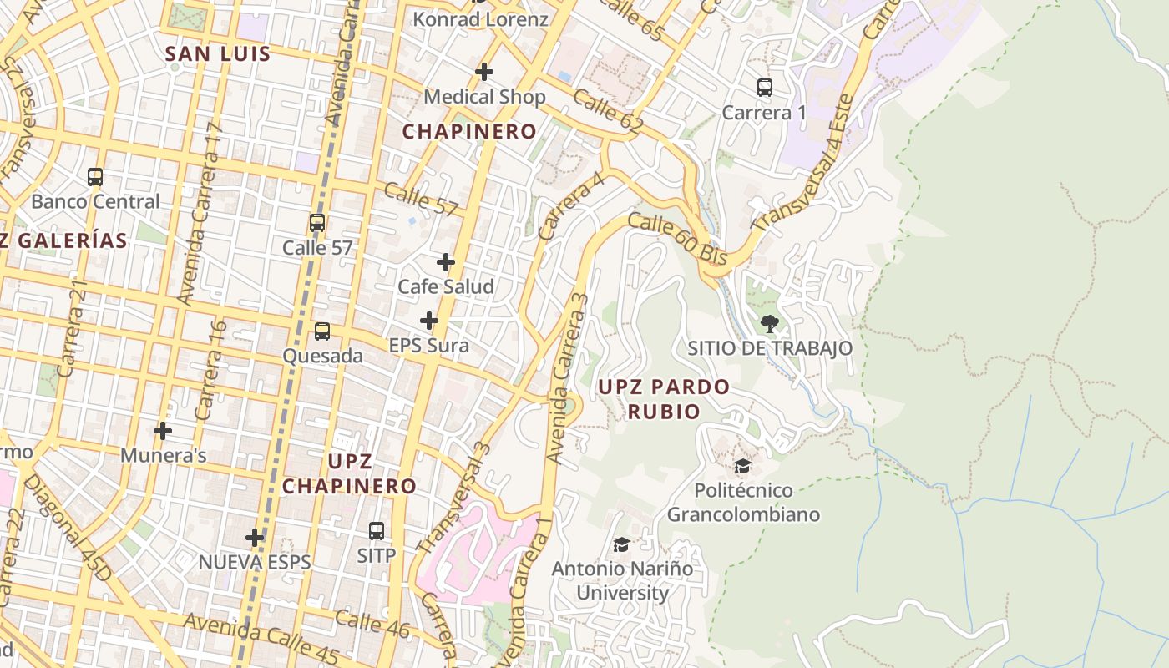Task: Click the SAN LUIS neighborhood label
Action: click(x=218, y=54)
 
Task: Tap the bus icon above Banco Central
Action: click(x=95, y=177)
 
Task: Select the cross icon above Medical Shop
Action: click(x=484, y=72)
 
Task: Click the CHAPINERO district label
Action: click(x=469, y=131)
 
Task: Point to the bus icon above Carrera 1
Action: click(x=764, y=88)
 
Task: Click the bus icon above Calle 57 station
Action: click(x=317, y=223)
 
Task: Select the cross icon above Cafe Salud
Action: click(x=446, y=262)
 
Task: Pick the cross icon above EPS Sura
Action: click(x=429, y=321)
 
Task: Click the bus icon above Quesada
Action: click(x=322, y=331)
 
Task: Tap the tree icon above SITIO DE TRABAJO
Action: click(x=770, y=323)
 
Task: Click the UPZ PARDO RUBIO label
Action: click(x=664, y=399)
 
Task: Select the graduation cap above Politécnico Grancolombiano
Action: click(x=742, y=466)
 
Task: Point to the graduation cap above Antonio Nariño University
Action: click(x=621, y=544)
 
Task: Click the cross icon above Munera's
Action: click(x=163, y=431)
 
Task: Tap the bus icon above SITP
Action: click(x=377, y=530)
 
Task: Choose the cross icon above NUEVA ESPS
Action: click(x=255, y=538)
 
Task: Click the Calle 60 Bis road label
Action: click(x=677, y=239)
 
